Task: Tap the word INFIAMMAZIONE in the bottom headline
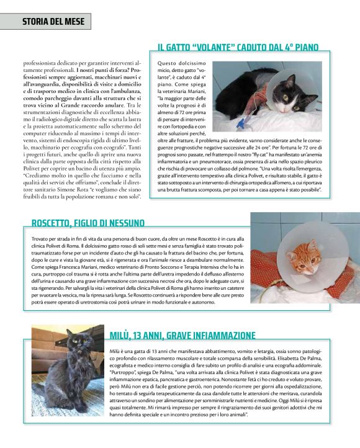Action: (218, 336)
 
